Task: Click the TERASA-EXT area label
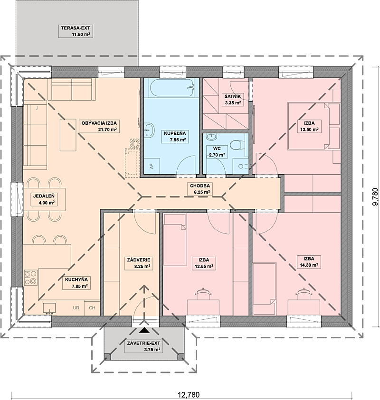tap(76, 31)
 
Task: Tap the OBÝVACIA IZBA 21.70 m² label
tap(99, 126)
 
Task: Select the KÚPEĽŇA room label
tap(175, 137)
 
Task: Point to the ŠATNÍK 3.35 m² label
tap(232, 100)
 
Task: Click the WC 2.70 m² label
tap(217, 151)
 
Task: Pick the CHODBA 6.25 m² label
tap(200, 189)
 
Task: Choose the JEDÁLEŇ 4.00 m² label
tap(44, 199)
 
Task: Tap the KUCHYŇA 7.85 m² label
tap(76, 283)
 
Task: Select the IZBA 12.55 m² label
tap(204, 263)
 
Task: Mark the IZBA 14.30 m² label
tap(309, 262)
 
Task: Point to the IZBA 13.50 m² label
tap(309, 126)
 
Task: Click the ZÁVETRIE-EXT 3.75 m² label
tap(144, 346)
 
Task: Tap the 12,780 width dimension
tap(189, 395)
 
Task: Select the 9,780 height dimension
tap(375, 197)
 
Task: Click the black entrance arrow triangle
tap(144, 330)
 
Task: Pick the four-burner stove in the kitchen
tap(31, 278)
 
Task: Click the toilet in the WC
tap(235, 144)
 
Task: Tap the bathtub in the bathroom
tap(172, 88)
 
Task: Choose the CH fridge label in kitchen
tap(92, 308)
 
